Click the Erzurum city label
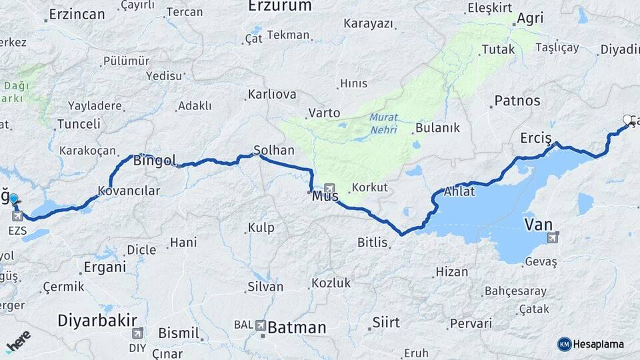click(x=279, y=7)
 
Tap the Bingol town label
click(x=155, y=161)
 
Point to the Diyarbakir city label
click(x=97, y=320)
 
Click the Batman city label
click(x=297, y=327)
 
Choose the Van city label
click(x=539, y=225)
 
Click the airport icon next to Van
click(x=553, y=237)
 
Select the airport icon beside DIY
click(x=137, y=333)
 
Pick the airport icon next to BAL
click(x=259, y=325)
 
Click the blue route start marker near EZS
click(x=13, y=199)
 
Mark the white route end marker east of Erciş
click(x=627, y=120)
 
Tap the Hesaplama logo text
click(x=598, y=344)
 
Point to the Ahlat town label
click(x=459, y=192)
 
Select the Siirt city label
click(x=386, y=323)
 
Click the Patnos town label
click(x=517, y=102)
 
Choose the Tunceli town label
click(x=79, y=124)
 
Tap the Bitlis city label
click(x=372, y=243)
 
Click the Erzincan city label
click(x=77, y=14)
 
